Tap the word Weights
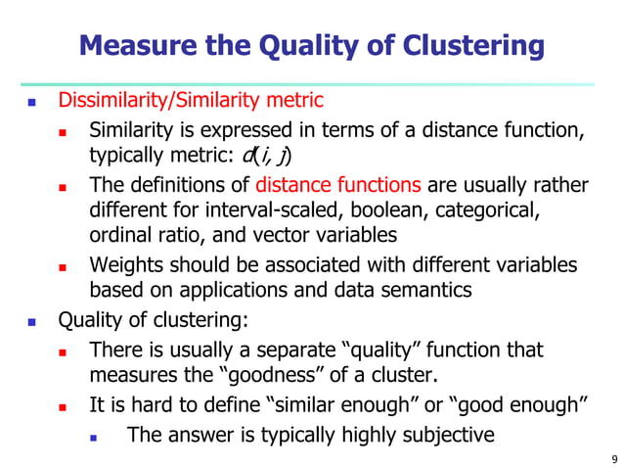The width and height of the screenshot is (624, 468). [x=126, y=265]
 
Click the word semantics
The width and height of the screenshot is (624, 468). [x=424, y=291]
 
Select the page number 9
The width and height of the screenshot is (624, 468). [x=612, y=457]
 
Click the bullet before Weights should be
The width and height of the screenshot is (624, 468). [x=63, y=266]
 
